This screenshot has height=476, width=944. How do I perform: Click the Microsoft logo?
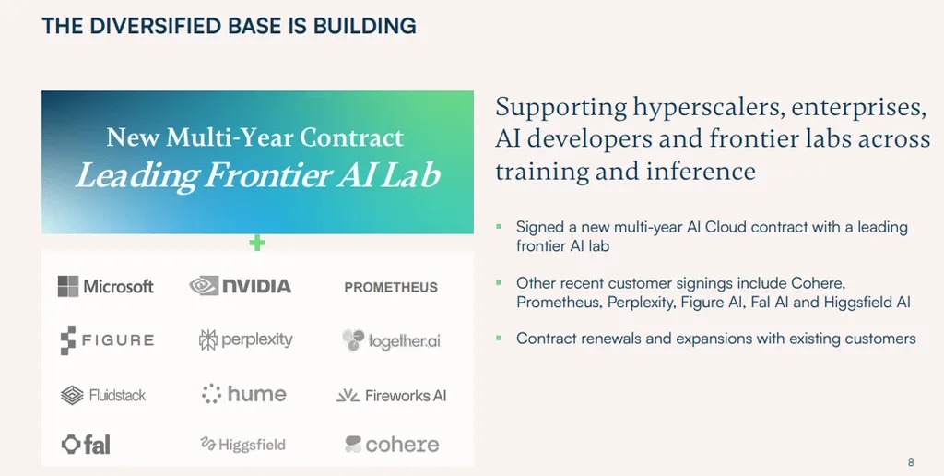106,286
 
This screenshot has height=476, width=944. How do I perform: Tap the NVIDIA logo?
241,286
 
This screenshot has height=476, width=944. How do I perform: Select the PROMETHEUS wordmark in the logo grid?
391,288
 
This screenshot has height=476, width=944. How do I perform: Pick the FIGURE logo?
107,340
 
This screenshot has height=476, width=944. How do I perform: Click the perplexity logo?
245,340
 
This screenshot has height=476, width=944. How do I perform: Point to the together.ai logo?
391,341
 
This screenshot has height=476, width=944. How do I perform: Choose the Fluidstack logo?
103,395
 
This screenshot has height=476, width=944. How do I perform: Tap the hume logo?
243,394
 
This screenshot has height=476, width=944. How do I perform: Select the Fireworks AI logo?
391,396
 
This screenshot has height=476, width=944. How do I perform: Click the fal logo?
86,445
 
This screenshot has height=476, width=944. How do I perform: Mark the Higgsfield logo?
242,445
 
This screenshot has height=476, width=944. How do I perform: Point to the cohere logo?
392,445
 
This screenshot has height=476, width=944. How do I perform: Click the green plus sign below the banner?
257,244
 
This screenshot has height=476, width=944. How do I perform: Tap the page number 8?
911,463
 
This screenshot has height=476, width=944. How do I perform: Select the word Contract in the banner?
351,138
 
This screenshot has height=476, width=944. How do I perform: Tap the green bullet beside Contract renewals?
499,338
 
